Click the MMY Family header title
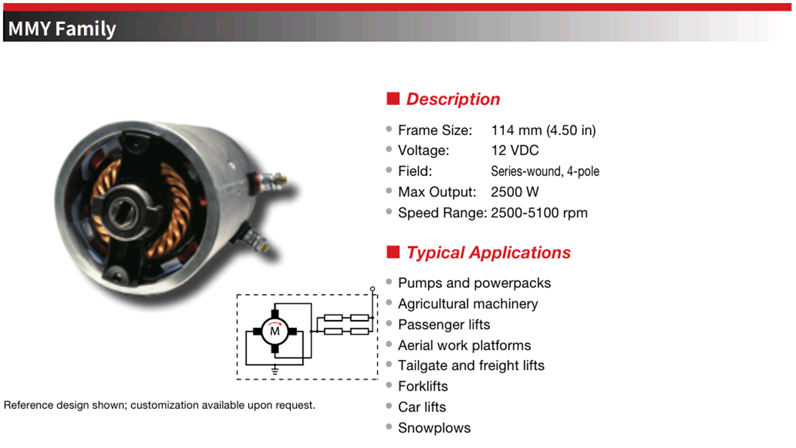tap(62, 29)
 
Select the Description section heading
tap(453, 99)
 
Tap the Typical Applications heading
tap(489, 253)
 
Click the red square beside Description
tap(393, 98)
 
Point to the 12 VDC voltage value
tap(515, 150)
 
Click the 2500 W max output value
tap(515, 192)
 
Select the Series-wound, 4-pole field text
tap(545, 171)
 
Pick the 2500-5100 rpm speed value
tap(539, 213)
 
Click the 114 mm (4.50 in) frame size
tap(543, 130)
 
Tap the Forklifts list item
tap(423, 386)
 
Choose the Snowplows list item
tap(434, 428)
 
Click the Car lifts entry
tap(422, 407)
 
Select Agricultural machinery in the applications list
tap(468, 304)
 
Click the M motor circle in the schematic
tap(275, 331)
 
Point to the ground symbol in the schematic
tap(275, 371)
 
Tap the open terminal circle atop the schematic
tap(373, 289)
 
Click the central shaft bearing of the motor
tap(123, 213)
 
